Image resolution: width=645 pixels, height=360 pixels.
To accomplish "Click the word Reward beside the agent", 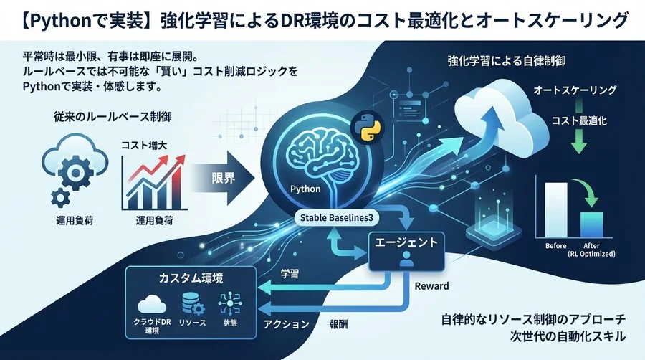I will pyautogui.click(x=431, y=286).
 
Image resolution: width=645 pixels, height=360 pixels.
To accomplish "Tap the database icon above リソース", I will pyautogui.click(x=191, y=302).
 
